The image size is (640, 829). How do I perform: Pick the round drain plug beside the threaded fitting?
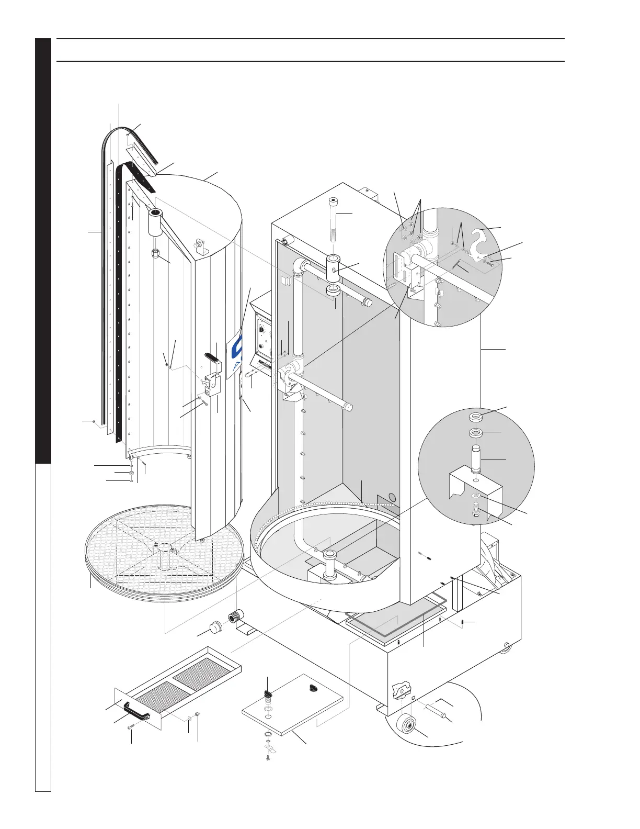click(213, 629)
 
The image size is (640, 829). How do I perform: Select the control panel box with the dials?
click(264, 335)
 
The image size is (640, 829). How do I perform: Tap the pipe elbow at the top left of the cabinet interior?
click(299, 265)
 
